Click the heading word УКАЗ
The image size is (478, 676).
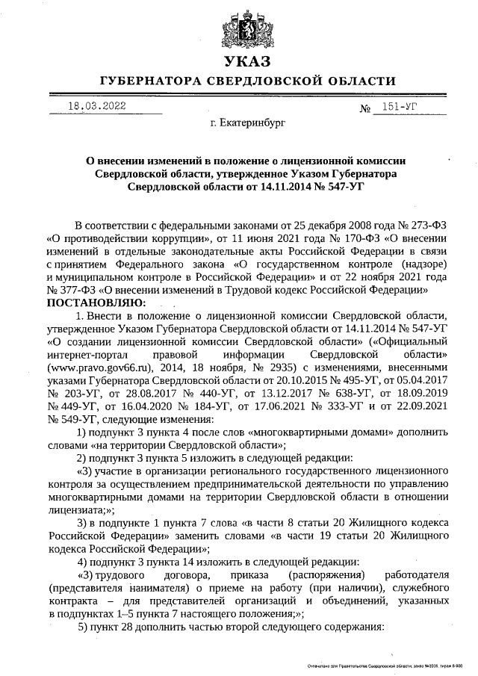point(238,61)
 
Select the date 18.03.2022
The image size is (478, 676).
point(96,106)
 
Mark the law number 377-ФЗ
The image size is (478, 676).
point(76,290)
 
